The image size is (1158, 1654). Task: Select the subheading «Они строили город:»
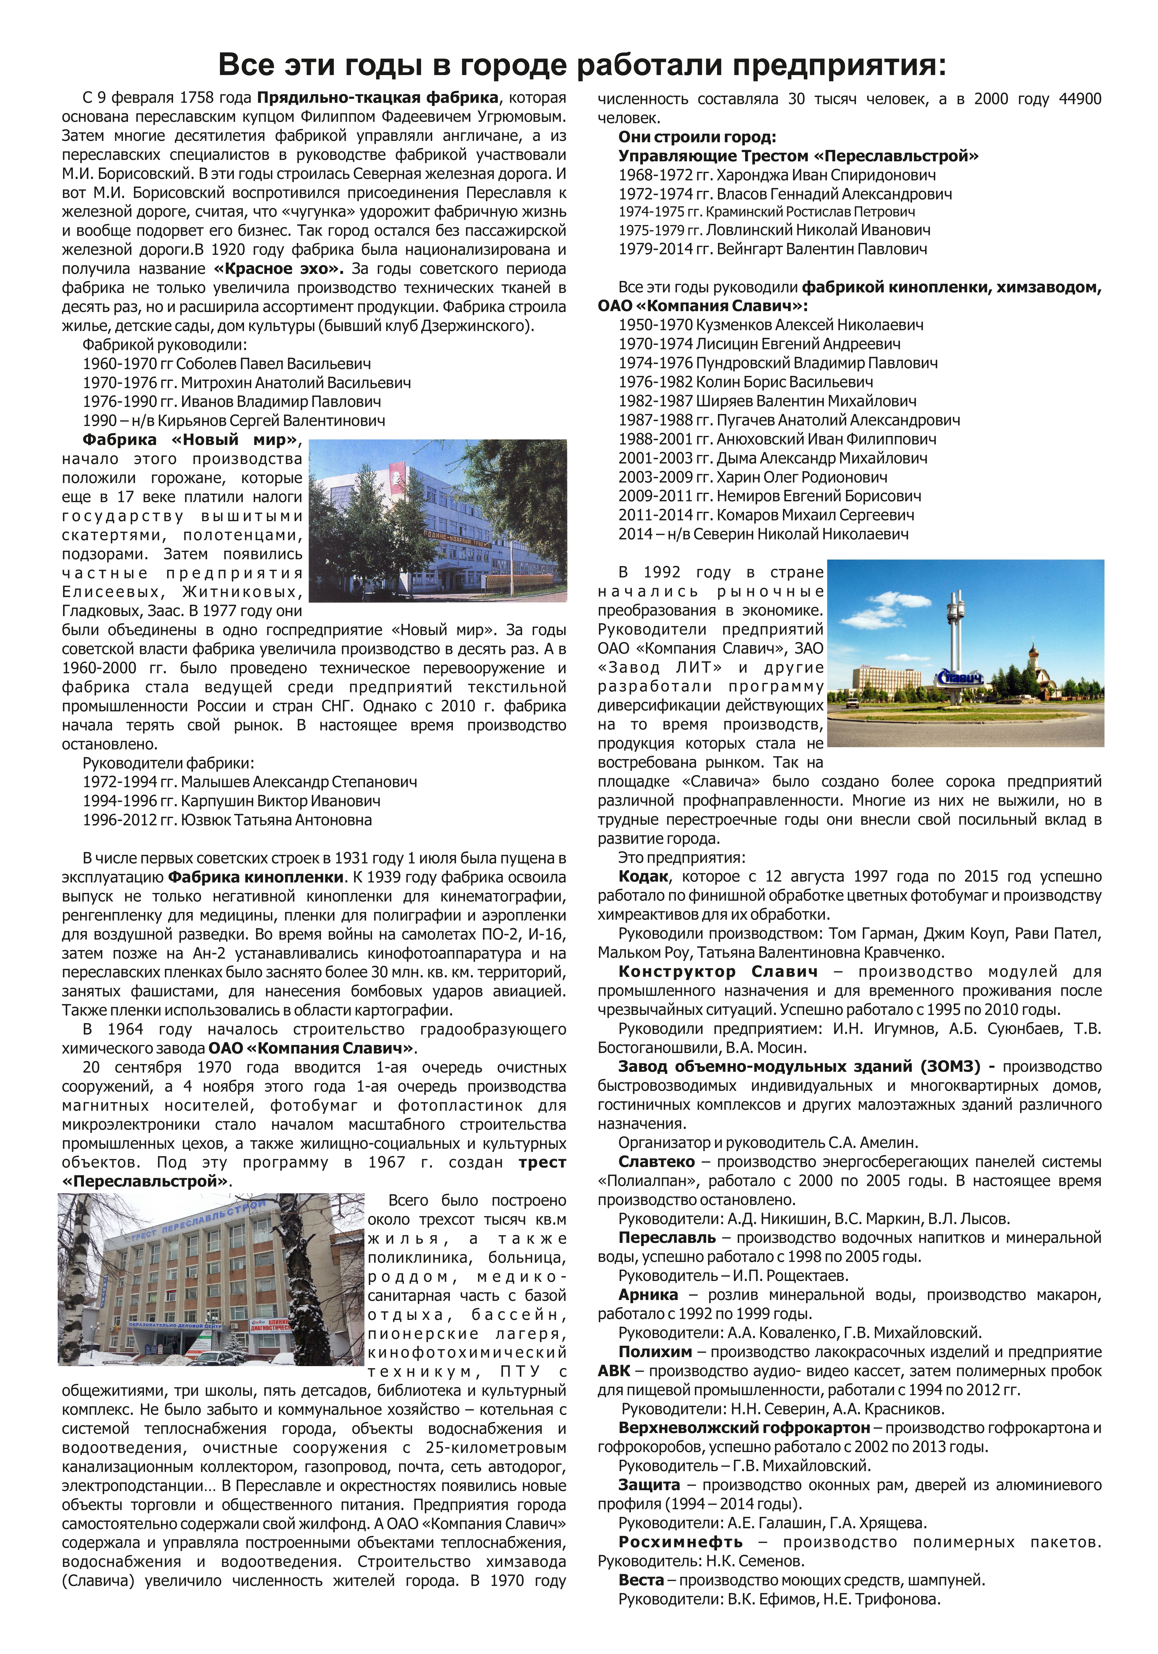(x=697, y=137)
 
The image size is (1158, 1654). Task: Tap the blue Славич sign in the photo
(x=958, y=677)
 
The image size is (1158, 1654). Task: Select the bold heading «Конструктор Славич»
(x=718, y=972)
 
